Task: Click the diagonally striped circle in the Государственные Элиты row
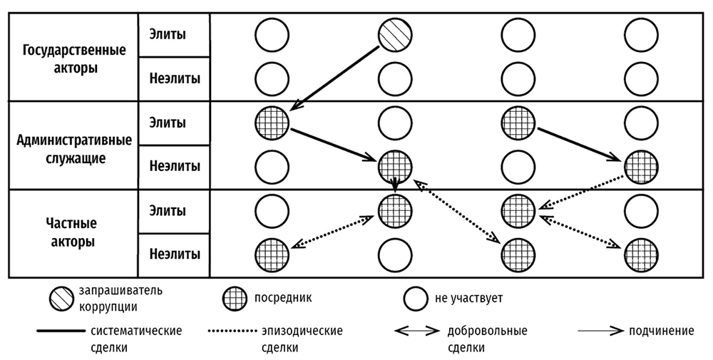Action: (396, 33)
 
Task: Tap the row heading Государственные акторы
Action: (74, 61)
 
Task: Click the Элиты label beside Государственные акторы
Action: (168, 34)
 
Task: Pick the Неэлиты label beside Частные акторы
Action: (175, 254)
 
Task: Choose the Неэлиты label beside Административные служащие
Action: (175, 166)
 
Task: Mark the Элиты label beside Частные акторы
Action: (168, 211)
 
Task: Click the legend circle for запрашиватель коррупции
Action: (60, 298)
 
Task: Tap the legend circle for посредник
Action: (233, 298)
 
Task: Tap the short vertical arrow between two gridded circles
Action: (396, 185)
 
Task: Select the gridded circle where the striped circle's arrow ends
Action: (272, 123)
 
